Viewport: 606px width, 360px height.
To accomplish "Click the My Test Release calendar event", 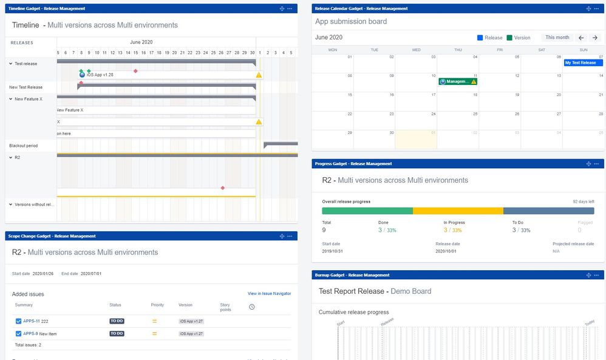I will pyautogui.click(x=582, y=63).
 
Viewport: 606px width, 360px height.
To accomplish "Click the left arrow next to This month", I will pyautogui.click(x=580, y=38).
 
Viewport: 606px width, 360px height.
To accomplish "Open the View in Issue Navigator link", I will pyautogui.click(x=269, y=294).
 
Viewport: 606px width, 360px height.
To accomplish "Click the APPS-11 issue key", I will pyautogui.click(x=32, y=321).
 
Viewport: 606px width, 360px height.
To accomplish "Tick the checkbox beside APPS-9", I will pyautogui.click(x=18, y=333).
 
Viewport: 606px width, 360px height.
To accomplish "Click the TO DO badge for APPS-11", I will pyautogui.click(x=117, y=321).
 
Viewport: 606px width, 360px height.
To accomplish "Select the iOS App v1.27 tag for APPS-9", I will pyautogui.click(x=191, y=333).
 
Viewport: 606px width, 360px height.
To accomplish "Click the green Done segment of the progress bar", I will pyautogui.click(x=367, y=211).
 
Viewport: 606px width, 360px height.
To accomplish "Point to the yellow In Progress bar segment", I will pyautogui.click(x=458, y=211).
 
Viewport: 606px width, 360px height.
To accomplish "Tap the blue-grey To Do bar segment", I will pyautogui.click(x=548, y=211).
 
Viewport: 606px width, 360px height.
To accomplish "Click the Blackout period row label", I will pyautogui.click(x=23, y=146).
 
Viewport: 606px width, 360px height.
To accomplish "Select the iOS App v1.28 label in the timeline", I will pyautogui.click(x=100, y=75).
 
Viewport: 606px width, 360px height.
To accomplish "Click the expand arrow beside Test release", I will pyautogui.click(x=11, y=63).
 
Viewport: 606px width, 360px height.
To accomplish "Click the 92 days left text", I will pyautogui.click(x=583, y=202).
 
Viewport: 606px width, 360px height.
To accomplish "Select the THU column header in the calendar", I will pyautogui.click(x=458, y=50).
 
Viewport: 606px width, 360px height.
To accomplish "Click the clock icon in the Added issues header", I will pyautogui.click(x=251, y=307).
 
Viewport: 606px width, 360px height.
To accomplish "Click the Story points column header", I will pyautogui.click(x=225, y=307).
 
